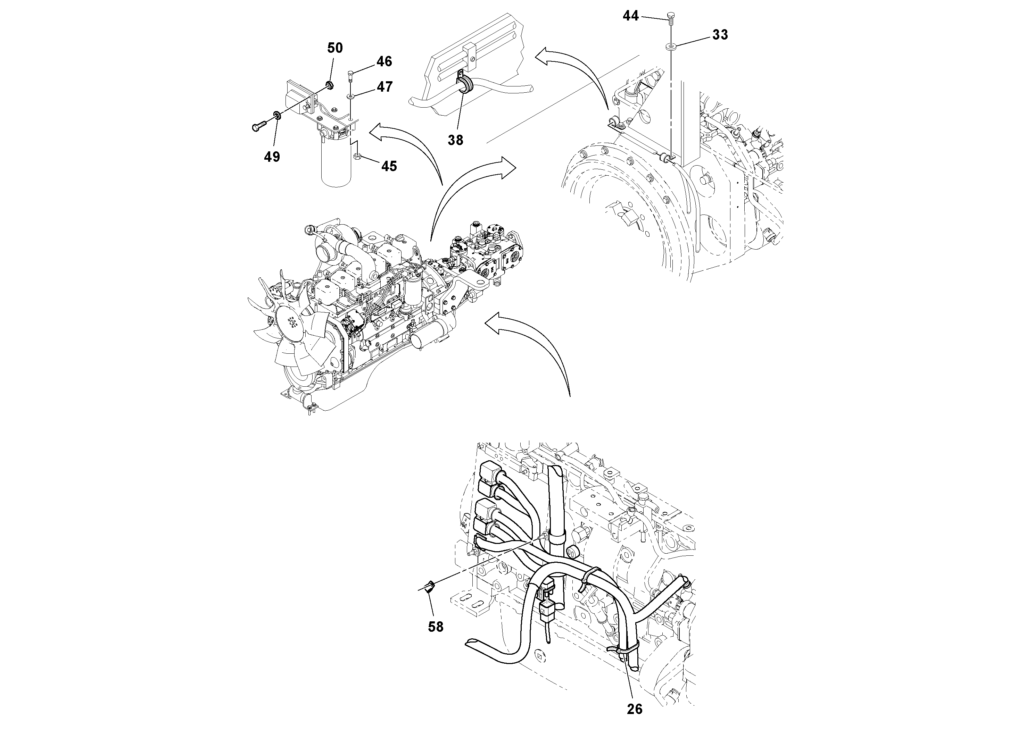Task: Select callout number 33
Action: point(720,35)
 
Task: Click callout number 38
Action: point(455,141)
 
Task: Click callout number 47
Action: point(384,86)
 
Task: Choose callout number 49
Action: point(272,157)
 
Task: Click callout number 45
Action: point(389,167)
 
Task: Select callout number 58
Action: point(436,627)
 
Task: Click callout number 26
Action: point(634,709)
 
